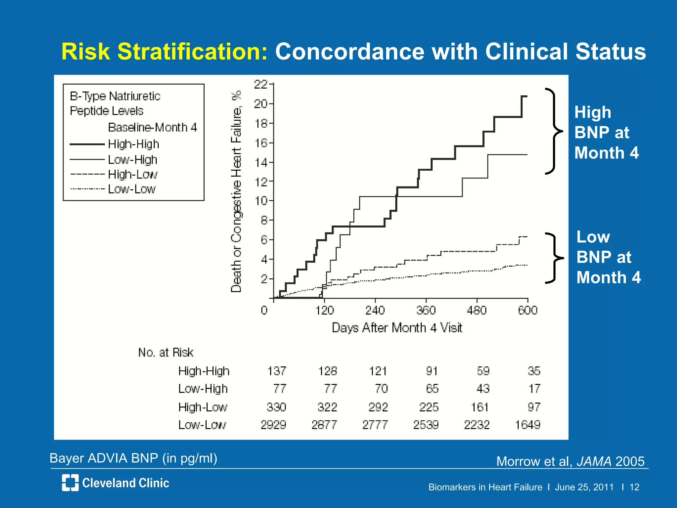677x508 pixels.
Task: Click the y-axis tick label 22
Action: pyautogui.click(x=260, y=85)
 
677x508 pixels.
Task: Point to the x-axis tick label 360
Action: pyautogui.click(x=426, y=310)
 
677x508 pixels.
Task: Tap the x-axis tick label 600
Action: pyautogui.click(x=528, y=310)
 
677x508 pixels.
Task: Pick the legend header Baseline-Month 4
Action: pyautogui.click(x=152, y=127)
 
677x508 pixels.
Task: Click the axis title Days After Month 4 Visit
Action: pyautogui.click(x=397, y=328)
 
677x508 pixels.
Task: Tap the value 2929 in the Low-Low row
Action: pyautogui.click(x=273, y=425)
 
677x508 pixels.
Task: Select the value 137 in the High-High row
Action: pyautogui.click(x=276, y=371)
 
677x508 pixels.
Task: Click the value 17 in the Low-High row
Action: pyautogui.click(x=534, y=389)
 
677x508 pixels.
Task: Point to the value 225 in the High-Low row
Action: pyautogui.click(x=429, y=407)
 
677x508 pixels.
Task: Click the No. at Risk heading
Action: pyautogui.click(x=166, y=353)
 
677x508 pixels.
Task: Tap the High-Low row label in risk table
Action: pyautogui.click(x=203, y=407)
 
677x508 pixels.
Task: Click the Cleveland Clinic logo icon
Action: pyautogui.click(x=70, y=483)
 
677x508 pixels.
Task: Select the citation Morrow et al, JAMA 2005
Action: pyautogui.click(x=570, y=461)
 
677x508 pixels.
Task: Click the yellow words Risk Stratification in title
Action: pyautogui.click(x=164, y=52)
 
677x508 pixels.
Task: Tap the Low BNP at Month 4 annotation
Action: pyautogui.click(x=608, y=257)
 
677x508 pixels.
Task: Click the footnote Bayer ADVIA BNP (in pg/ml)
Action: pyautogui.click(x=133, y=458)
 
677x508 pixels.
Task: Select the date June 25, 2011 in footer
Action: pyautogui.click(x=584, y=487)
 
